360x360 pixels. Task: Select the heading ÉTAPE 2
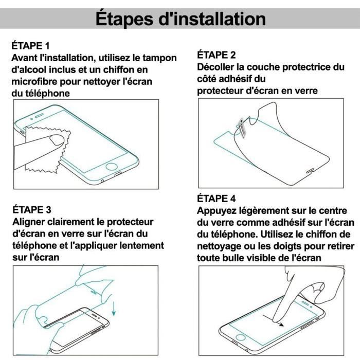217,55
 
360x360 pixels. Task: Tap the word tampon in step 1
158,58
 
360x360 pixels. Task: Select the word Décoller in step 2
218,67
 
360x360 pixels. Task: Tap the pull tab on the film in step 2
241,125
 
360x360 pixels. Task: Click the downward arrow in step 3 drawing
113,311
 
